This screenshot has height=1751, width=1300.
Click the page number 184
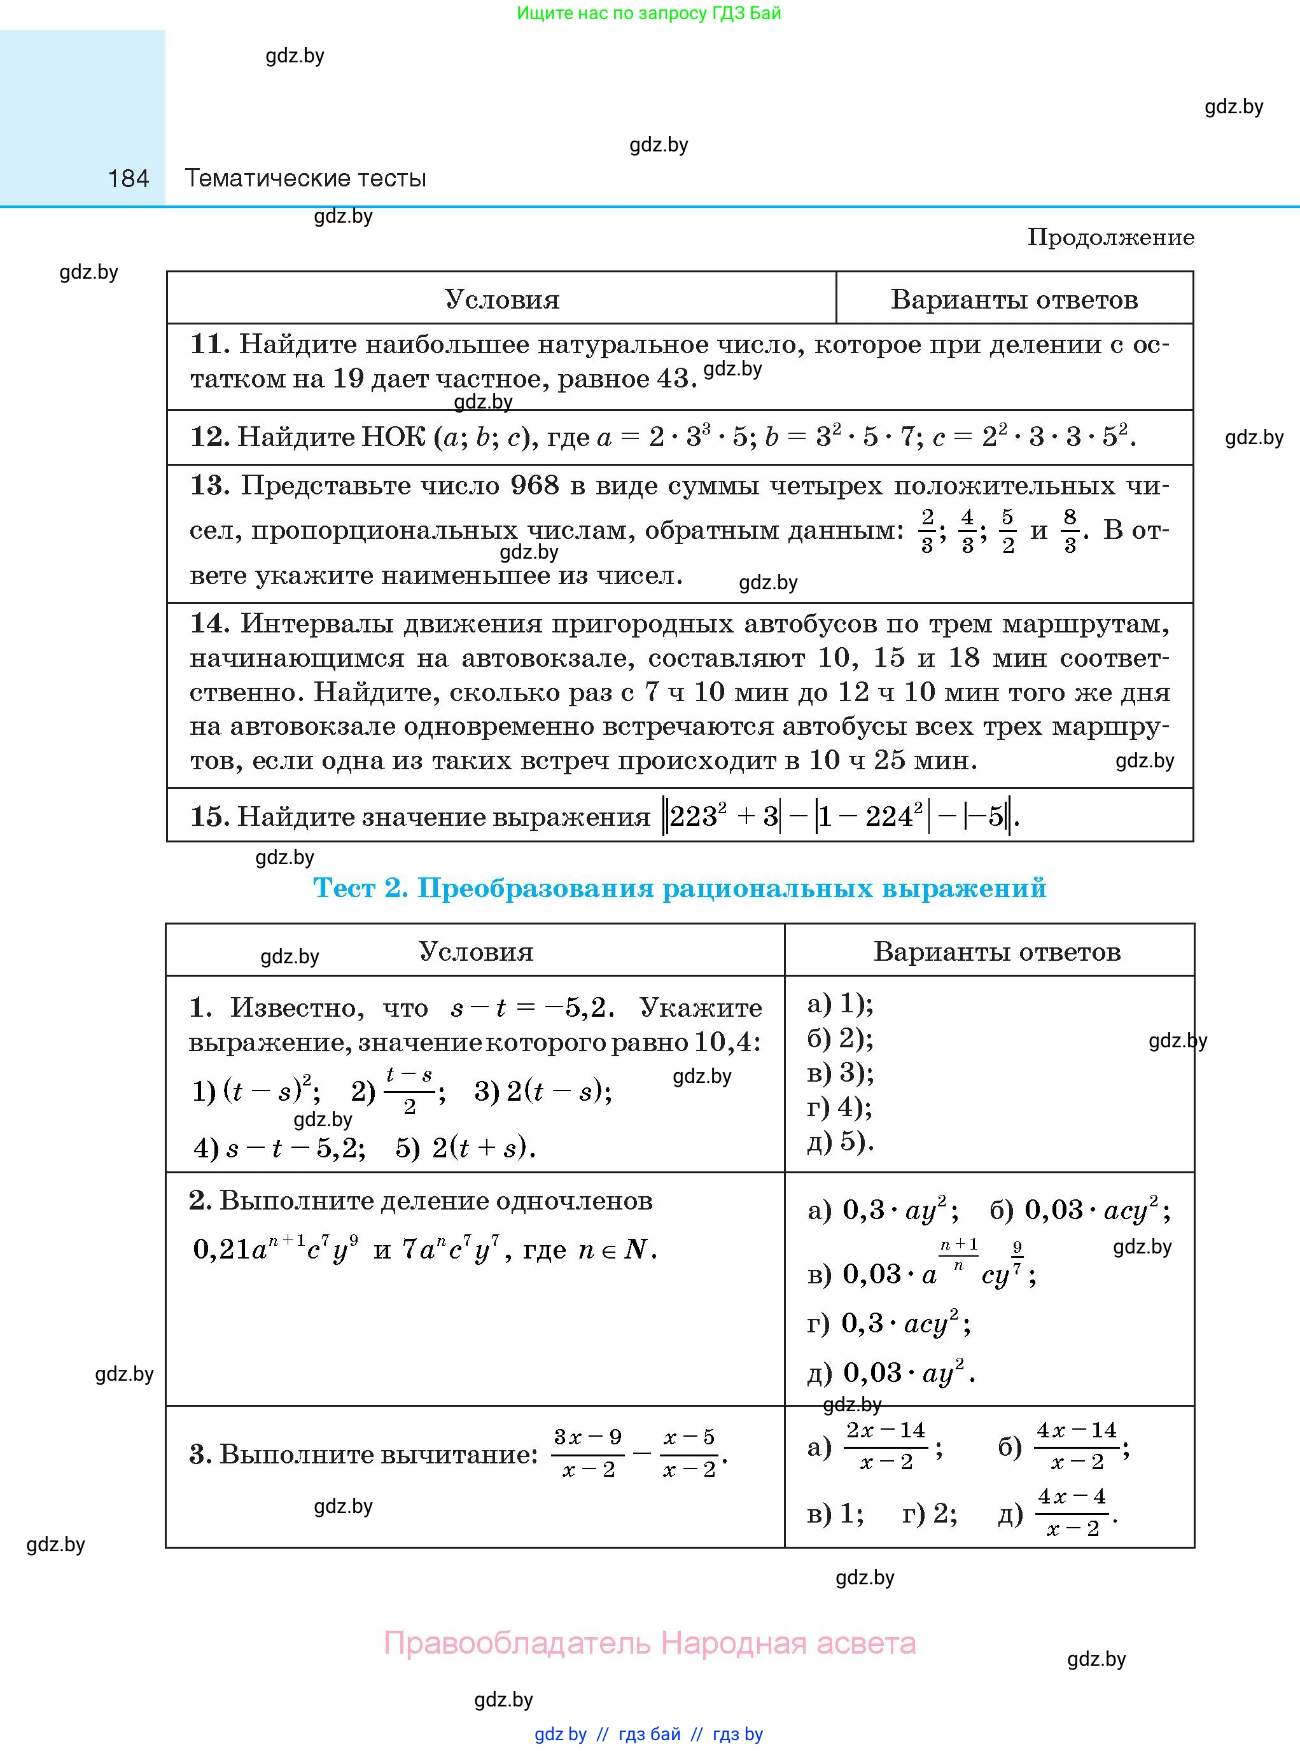[129, 179]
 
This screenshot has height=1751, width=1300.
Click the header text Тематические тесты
[305, 179]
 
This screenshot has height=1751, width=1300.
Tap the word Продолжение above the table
[1110, 237]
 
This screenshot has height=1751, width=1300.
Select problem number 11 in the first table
[209, 344]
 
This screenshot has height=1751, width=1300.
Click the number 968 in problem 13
[535, 485]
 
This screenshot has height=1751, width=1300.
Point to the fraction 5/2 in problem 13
[1008, 531]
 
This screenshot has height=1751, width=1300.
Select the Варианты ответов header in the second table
[996, 951]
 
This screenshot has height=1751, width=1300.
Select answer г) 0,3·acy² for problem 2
[888, 1323]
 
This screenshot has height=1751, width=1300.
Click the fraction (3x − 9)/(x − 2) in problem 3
[588, 1453]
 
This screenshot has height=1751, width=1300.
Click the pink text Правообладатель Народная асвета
[649, 1643]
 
